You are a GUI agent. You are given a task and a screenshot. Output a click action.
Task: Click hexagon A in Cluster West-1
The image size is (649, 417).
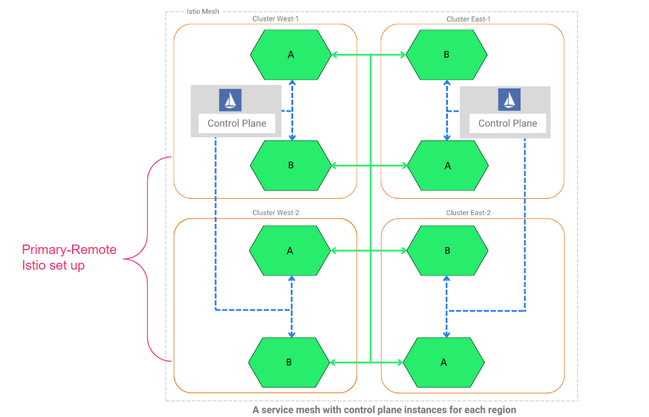coord(291,55)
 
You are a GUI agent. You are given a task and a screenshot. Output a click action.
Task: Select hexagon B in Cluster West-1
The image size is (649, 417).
coord(291,166)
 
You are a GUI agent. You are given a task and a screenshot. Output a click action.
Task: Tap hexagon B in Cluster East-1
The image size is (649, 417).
coord(447,55)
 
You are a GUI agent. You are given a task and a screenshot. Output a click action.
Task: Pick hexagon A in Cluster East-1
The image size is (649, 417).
coord(447,166)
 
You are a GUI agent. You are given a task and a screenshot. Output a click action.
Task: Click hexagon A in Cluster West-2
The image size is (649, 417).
coord(290,251)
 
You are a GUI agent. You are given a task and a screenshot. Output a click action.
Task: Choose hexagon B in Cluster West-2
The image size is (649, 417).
coord(289,362)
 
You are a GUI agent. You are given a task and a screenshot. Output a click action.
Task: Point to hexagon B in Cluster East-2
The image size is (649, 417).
coord(447,251)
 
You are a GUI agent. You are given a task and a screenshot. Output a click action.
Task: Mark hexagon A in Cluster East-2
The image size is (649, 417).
coord(444,362)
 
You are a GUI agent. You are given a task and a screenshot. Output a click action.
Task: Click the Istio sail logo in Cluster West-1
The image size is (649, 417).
coord(230,100)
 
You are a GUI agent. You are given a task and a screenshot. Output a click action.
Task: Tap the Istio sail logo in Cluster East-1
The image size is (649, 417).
coord(509,100)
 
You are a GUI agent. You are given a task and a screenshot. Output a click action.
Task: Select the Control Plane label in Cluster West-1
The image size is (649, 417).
coord(237,124)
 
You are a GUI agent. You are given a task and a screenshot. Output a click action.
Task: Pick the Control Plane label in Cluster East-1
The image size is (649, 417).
coord(507,124)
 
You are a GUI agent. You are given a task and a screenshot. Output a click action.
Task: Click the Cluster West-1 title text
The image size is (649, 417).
coord(276,19)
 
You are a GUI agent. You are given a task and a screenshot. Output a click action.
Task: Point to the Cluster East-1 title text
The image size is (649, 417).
coord(469,19)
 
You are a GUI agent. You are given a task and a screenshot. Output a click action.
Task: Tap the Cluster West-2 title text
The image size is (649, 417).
coord(276,213)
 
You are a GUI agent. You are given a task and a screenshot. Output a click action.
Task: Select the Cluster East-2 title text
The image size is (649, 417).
coord(469,213)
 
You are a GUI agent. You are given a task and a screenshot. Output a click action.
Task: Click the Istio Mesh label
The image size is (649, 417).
coord(203,11)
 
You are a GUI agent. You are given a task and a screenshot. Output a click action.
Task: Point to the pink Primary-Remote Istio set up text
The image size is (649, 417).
coord(69,257)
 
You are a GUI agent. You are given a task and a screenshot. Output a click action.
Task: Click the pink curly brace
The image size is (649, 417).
coord(148,258)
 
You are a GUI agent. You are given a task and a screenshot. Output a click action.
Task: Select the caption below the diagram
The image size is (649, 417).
coord(384,409)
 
